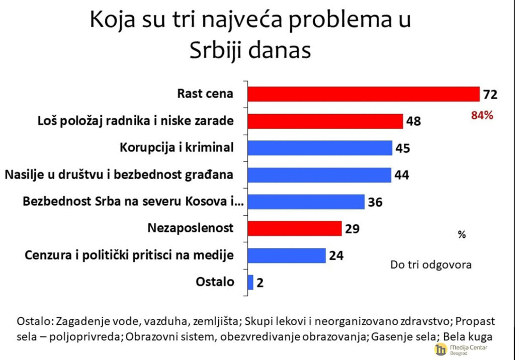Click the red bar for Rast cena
(x=363, y=94)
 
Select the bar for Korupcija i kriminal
(x=320, y=148)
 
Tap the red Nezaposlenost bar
(x=295, y=228)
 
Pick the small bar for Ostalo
(x=250, y=282)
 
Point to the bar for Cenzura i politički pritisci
(x=287, y=255)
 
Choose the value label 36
(x=375, y=202)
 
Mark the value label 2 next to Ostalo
(x=260, y=283)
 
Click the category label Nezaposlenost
(x=191, y=228)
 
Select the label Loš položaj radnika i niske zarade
(x=136, y=121)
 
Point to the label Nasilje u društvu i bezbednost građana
(x=119, y=175)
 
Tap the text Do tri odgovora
(x=431, y=264)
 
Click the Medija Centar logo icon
(x=441, y=350)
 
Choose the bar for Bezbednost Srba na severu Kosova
(x=306, y=202)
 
